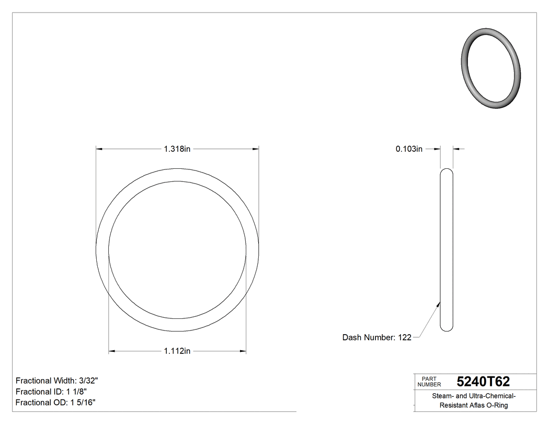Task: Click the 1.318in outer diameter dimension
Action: click(177, 149)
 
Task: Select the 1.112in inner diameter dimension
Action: click(177, 351)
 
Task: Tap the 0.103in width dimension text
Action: click(409, 149)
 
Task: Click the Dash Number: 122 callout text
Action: click(376, 338)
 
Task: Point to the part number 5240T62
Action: click(483, 382)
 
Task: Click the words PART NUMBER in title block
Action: click(429, 382)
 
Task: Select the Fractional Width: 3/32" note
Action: click(57, 381)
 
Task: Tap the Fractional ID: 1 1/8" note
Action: click(51, 392)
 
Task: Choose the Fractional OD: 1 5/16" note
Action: click(55, 403)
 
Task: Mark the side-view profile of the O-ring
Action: click(447, 249)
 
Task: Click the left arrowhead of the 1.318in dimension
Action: click(99, 149)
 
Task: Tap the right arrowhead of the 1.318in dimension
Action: click(256, 149)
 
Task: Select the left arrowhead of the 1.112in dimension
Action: click(112, 351)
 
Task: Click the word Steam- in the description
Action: click(443, 396)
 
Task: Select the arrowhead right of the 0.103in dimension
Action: click(456, 149)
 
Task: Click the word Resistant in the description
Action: click(454, 406)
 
